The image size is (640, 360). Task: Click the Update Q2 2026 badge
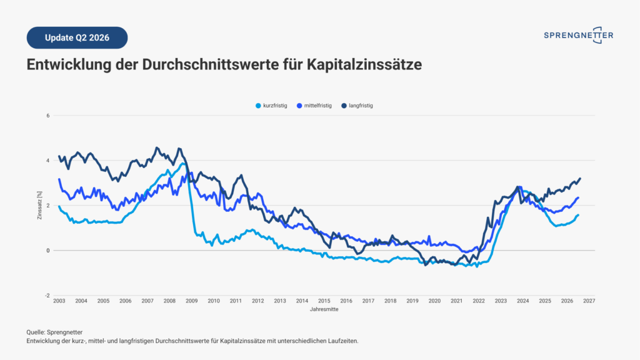[77, 37]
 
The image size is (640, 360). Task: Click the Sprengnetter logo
[578, 36]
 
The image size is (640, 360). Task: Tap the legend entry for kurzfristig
[271, 106]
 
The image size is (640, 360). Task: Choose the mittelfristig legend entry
[314, 106]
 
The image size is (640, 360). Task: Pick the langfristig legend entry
[357, 106]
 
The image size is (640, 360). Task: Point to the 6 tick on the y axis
[47, 116]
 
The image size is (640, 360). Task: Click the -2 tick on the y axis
[47, 296]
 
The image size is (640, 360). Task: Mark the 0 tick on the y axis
[47, 251]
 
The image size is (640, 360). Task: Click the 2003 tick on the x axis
[59, 301]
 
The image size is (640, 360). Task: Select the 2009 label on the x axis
[191, 301]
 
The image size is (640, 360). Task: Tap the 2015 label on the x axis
[324, 301]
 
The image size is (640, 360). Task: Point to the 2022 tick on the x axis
[479, 301]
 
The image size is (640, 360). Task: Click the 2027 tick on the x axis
[589, 301]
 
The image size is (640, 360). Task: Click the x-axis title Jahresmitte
[324, 309]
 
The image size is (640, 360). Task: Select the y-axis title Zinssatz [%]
[39, 205]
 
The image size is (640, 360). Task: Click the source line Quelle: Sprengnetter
[54, 332]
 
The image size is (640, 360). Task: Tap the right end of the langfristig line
[580, 178]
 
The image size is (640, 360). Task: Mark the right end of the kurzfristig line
[578, 215]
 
